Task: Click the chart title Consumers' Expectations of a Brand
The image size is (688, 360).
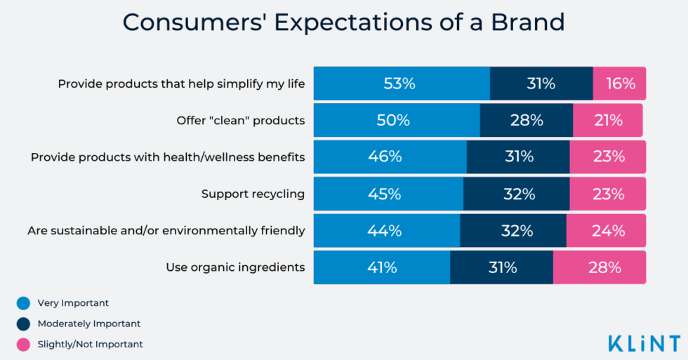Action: coord(343,22)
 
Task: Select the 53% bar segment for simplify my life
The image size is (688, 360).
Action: coord(401,84)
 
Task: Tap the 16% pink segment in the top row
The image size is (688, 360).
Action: coord(619,84)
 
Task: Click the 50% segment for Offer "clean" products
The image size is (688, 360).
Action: coord(396,120)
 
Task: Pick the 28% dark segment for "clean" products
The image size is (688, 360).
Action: coord(527,120)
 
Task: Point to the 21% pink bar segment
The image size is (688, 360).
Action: coord(607,120)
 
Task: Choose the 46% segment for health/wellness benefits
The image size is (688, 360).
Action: coord(390,156)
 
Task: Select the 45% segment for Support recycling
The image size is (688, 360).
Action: coord(388,194)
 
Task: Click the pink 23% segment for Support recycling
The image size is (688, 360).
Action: coord(607,194)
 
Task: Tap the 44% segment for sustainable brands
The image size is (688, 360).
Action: coord(386,231)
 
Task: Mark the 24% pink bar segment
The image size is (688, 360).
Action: coord(606,231)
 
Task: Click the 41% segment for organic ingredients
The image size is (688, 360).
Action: coord(381,267)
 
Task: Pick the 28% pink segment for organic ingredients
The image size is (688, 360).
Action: coord(600,267)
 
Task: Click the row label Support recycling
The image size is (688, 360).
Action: coord(253,194)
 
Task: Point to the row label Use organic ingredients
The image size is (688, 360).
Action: coord(235,267)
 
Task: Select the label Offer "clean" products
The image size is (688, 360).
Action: coord(241,121)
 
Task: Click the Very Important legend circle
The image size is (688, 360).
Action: coord(24,303)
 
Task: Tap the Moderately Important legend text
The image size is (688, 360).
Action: coord(89,324)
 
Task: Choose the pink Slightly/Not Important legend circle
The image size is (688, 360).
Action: coord(24,344)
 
